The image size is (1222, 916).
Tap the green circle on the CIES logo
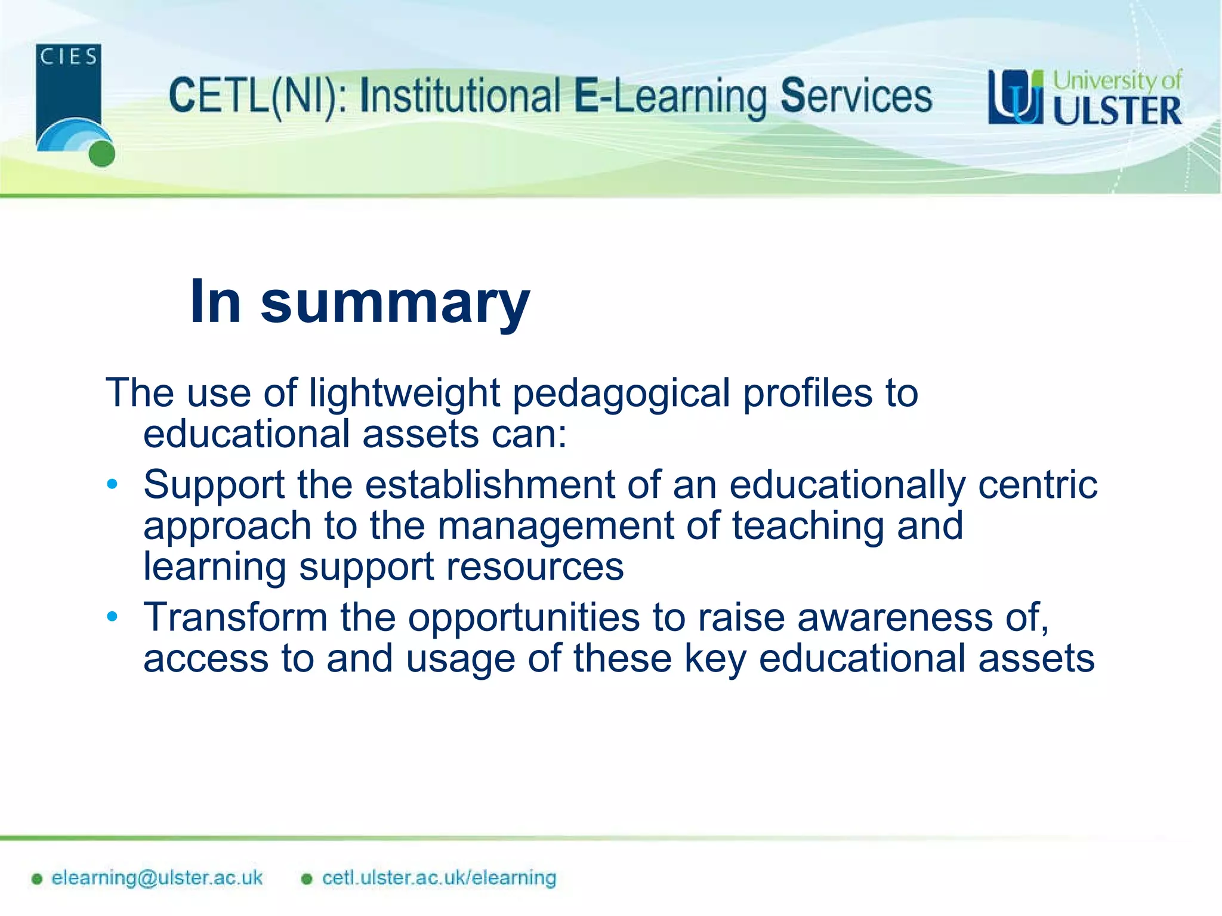(x=101, y=154)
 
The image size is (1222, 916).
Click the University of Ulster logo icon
(x=1016, y=97)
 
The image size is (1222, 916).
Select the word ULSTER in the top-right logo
(x=1117, y=112)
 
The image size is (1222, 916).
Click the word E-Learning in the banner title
(x=670, y=97)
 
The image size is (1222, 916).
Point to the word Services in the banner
(x=856, y=97)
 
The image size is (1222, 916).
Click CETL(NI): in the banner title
(x=257, y=97)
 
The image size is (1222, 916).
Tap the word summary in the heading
(x=395, y=302)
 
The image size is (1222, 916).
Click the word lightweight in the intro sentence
(x=404, y=394)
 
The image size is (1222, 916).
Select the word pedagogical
(x=621, y=394)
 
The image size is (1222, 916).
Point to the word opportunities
(x=524, y=618)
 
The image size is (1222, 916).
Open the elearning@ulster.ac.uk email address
(x=156, y=878)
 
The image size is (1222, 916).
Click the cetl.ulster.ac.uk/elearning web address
(x=439, y=878)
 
